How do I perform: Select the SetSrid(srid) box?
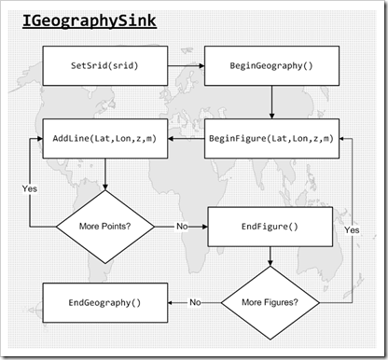click(104, 67)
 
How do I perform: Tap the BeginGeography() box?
click(270, 67)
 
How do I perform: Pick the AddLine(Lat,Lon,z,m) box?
click(104, 138)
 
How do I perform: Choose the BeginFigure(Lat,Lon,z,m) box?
click(270, 138)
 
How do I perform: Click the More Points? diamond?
click(104, 227)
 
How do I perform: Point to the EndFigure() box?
click(270, 226)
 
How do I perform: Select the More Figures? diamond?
click(270, 302)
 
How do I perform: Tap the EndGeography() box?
click(104, 302)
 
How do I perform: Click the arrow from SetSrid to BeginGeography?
click(187, 67)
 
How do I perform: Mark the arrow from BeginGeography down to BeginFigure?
click(270, 103)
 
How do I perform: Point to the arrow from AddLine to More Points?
click(104, 174)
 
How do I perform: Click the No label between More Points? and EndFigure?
click(181, 227)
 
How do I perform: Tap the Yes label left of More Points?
click(29, 188)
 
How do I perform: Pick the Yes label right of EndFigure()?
click(351, 228)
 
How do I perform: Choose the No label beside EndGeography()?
click(195, 302)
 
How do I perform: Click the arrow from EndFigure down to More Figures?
click(270, 256)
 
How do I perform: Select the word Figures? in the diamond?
click(284, 302)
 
